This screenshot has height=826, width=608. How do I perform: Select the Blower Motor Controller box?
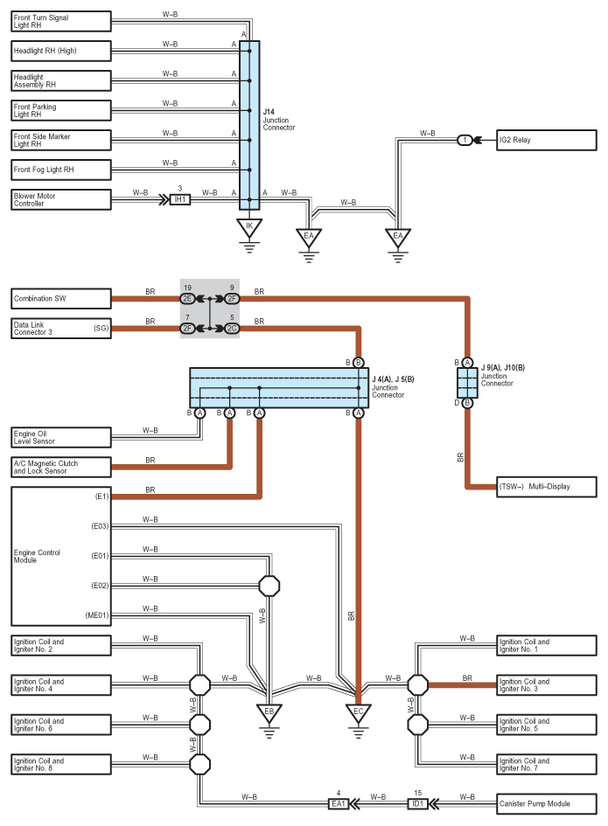pyautogui.click(x=61, y=199)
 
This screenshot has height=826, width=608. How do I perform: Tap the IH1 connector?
pyautogui.click(x=179, y=199)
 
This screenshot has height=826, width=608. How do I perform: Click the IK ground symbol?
pyautogui.click(x=249, y=229)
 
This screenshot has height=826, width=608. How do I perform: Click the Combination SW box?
pyautogui.click(x=61, y=299)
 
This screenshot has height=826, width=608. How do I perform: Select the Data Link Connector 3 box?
pyautogui.click(x=61, y=329)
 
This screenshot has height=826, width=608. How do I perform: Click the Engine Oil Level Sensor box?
pyautogui.click(x=61, y=436)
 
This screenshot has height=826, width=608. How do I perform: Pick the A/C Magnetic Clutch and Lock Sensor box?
pyautogui.click(x=61, y=466)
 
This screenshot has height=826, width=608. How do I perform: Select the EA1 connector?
pyautogui.click(x=339, y=802)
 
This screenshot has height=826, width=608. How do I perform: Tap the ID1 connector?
pyautogui.click(x=418, y=802)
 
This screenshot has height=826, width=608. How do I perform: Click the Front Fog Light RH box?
pyautogui.click(x=61, y=170)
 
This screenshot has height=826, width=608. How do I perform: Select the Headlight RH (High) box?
pyautogui.click(x=61, y=51)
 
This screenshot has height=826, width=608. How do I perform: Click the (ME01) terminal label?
pyautogui.click(x=97, y=615)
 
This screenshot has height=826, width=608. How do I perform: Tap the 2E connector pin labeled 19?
pyautogui.click(x=187, y=299)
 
